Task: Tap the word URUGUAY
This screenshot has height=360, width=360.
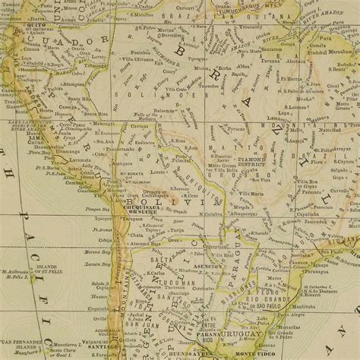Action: click(x=245, y=333)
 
